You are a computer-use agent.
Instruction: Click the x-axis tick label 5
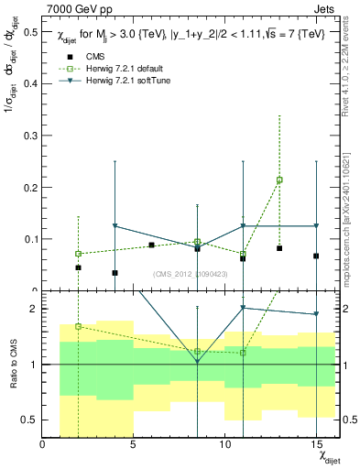click(x=134, y=444)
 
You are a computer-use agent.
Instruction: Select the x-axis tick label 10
click(x=224, y=444)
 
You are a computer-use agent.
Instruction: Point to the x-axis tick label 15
click(x=316, y=444)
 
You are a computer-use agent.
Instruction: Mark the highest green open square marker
click(x=279, y=180)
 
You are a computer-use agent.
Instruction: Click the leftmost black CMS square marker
click(x=78, y=267)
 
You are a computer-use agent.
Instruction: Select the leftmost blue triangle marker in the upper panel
click(x=115, y=225)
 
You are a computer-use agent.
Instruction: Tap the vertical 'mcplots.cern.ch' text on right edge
click(x=349, y=229)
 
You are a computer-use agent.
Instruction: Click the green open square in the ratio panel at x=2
click(x=78, y=326)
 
